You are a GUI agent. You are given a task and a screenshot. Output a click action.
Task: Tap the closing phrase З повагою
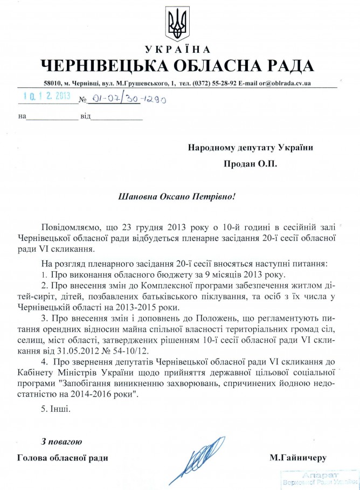coord(61,442)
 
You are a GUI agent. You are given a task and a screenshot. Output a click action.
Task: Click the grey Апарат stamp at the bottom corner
coord(321,479)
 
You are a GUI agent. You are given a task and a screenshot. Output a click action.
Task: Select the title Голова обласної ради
coord(63,459)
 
